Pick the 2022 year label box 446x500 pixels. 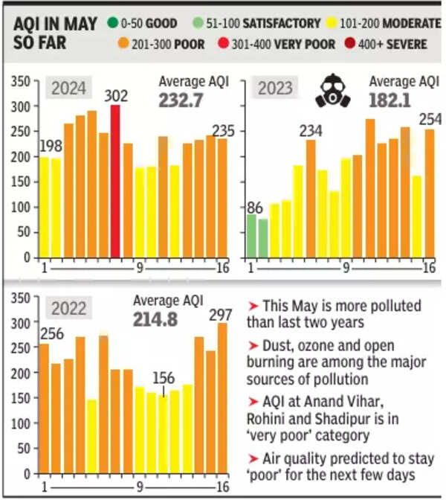pyautogui.click(x=68, y=307)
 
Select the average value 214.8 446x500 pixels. pyautogui.click(x=168, y=319)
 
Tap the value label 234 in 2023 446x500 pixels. pyautogui.click(x=311, y=131)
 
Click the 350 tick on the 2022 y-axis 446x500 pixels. pyautogui.click(x=23, y=298)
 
